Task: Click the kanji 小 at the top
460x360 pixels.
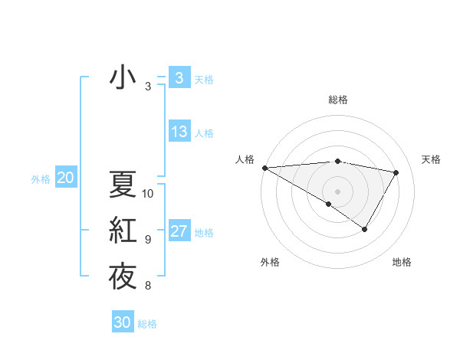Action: pos(123,77)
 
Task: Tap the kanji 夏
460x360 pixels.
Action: pos(123,184)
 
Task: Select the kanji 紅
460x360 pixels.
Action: pos(123,231)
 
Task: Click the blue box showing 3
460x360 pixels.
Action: pos(179,78)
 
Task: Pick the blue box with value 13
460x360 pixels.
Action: pos(179,132)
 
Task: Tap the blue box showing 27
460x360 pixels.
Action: pos(179,231)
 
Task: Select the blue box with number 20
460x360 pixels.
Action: pos(65,178)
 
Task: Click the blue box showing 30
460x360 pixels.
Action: pos(123,322)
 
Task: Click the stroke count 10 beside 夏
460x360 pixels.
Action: pos(148,193)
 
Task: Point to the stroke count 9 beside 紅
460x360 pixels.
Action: pos(148,240)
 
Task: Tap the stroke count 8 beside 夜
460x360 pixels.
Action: pos(148,286)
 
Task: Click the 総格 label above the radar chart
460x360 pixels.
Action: pos(337,100)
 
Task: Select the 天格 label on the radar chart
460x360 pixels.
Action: pos(431,159)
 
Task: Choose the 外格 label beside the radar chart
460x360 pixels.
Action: pos(270,262)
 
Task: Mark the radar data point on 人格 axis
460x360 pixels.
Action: pos(264,167)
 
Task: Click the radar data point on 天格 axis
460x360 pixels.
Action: pos(396,172)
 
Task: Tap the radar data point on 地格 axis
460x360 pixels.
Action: pos(365,229)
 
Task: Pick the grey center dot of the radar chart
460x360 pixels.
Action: pos(337,191)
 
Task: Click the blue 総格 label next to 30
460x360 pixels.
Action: pos(147,324)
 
